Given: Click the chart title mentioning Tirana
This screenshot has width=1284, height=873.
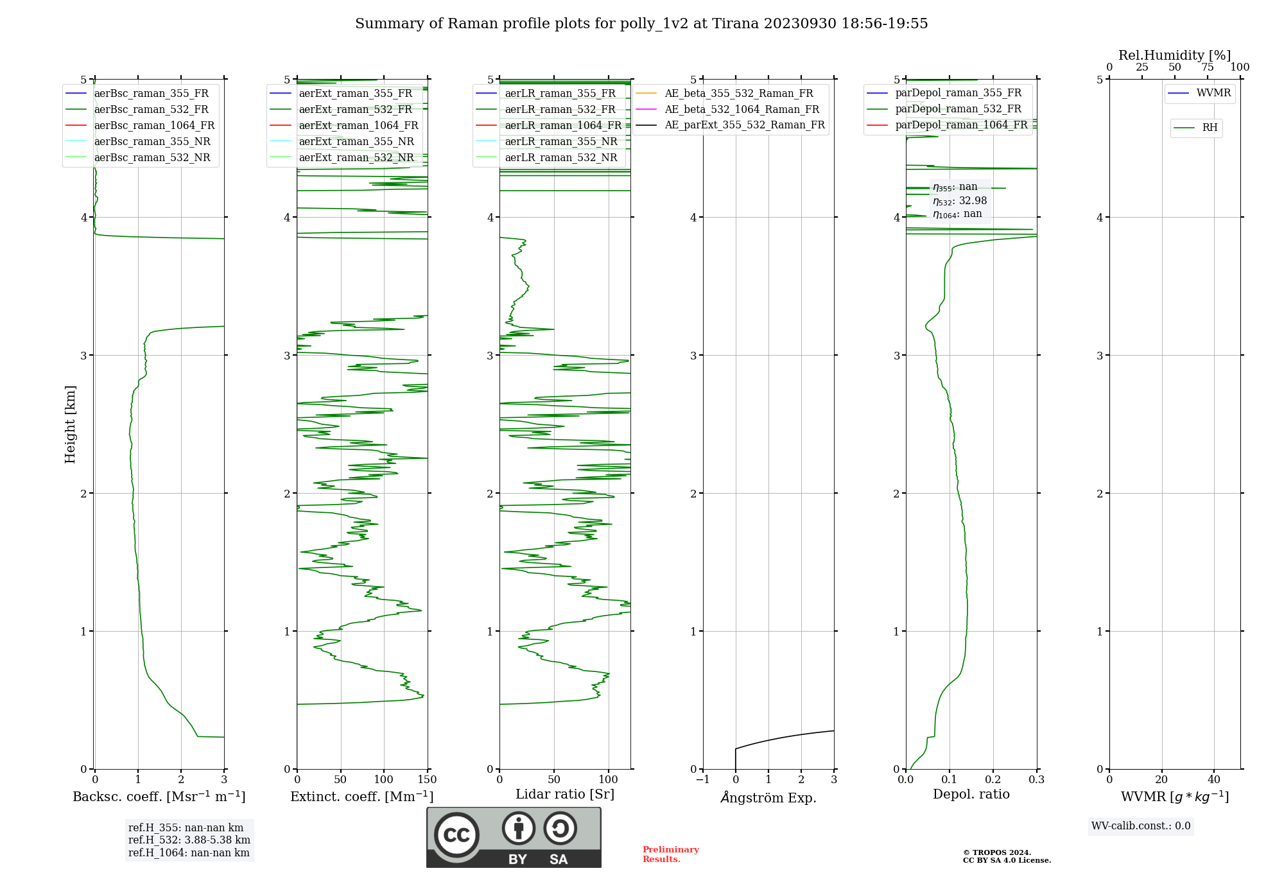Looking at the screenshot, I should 641,24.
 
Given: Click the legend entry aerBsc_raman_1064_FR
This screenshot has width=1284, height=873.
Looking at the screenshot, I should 154,126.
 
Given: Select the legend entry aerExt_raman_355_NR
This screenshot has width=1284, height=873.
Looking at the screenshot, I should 356,142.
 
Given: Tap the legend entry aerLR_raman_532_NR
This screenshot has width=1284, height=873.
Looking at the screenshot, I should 560,158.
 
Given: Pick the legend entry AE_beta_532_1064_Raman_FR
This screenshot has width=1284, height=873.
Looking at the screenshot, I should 742,110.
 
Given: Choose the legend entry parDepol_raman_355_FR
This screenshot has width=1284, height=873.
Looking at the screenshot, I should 958,93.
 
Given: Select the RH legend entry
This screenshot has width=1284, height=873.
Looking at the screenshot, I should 1210,128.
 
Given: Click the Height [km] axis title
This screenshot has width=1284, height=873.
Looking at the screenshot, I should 70,424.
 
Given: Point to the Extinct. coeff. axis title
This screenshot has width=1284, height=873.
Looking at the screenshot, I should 362,797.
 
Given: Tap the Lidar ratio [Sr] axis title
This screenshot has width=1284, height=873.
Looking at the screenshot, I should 565,794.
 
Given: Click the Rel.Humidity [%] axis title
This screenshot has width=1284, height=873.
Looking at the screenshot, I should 1174,55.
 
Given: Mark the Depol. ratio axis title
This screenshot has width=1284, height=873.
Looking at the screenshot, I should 971,794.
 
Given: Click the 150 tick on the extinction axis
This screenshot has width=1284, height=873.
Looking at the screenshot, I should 427,780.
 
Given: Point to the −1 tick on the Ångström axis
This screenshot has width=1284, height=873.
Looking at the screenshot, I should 703,780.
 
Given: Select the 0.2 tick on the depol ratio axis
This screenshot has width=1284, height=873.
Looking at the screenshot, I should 993,780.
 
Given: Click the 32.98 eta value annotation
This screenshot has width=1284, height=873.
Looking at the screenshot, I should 960,201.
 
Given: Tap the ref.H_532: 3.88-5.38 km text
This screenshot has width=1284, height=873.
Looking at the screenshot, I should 189,840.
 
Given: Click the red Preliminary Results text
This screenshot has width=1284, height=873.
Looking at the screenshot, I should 670,854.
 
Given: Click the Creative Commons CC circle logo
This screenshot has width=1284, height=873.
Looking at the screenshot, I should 456,835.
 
